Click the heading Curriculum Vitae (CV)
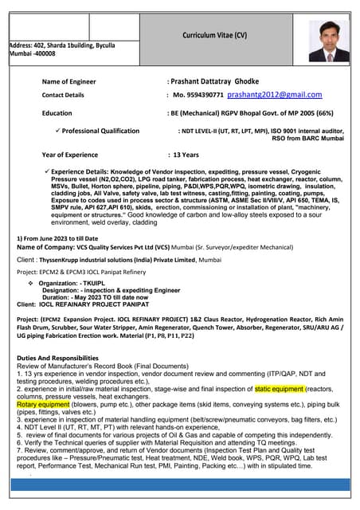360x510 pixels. [215, 36]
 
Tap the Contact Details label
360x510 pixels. [63, 96]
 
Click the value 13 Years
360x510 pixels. [186, 154]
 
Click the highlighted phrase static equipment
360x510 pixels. [280, 390]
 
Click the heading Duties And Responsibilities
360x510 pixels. [57, 359]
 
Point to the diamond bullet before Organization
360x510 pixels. [30, 283]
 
